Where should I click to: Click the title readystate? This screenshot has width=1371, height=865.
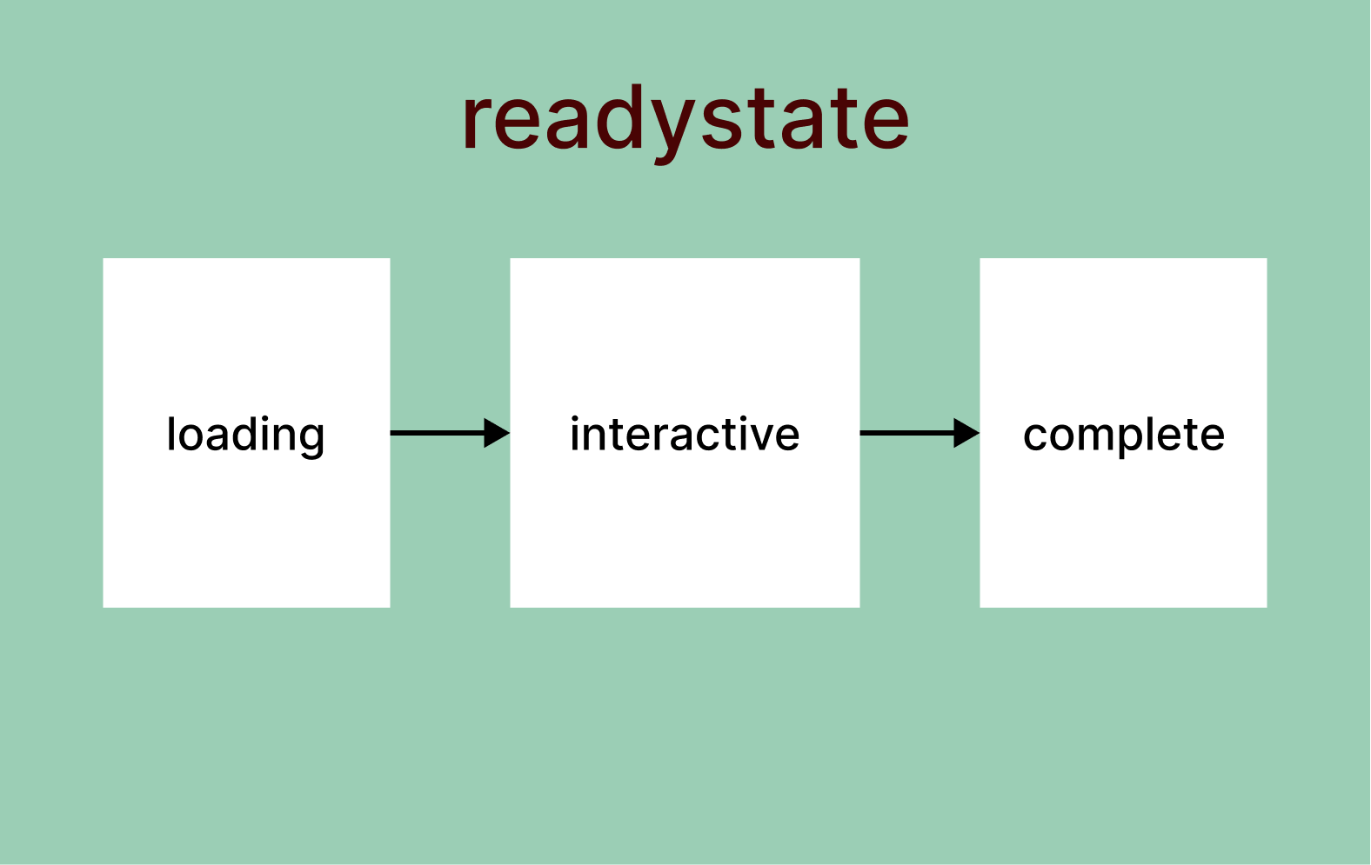point(685,120)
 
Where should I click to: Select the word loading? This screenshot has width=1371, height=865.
point(245,434)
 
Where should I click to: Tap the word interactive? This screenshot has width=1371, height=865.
point(685,434)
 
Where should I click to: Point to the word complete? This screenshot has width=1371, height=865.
point(1123,434)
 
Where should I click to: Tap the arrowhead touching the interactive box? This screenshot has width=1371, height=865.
point(497,433)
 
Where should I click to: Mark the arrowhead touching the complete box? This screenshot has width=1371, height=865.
point(966,433)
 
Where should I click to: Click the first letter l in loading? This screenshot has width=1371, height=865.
point(171,433)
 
